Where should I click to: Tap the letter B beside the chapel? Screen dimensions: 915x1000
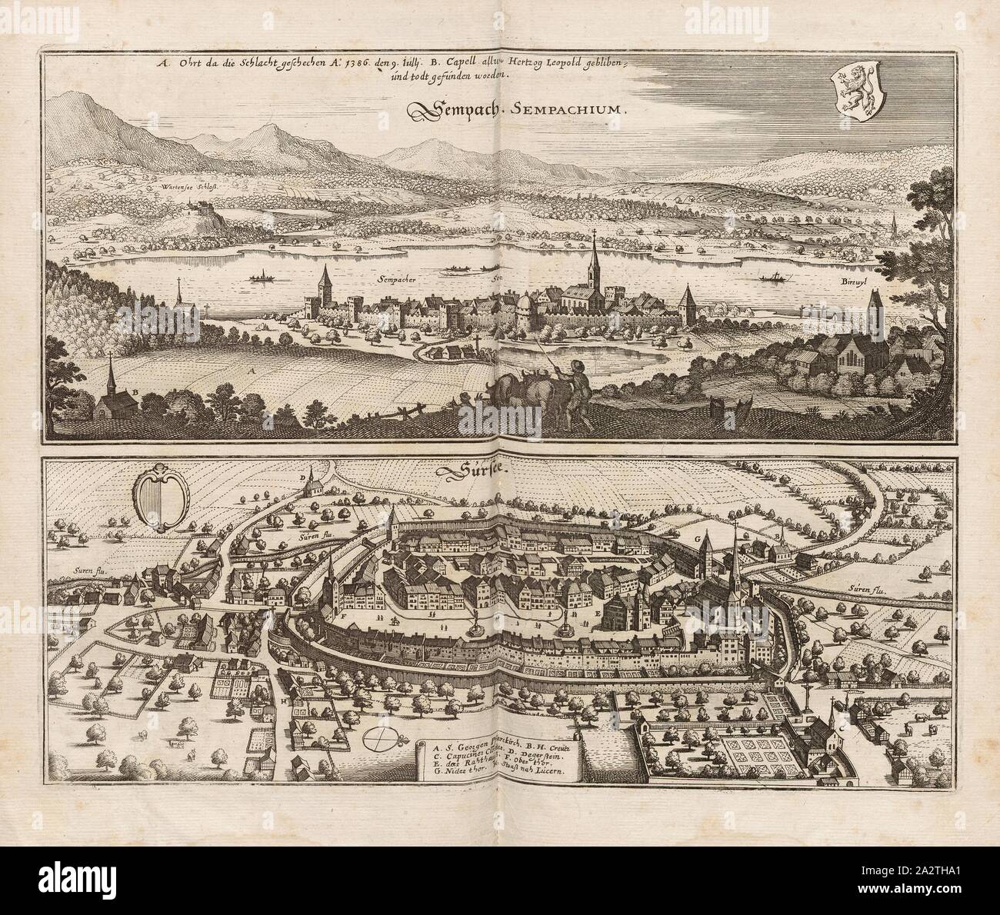click(x=135, y=392)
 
